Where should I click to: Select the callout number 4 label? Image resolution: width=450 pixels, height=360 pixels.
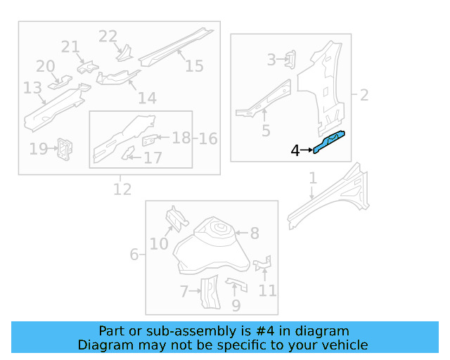pyautogui.click(x=295, y=150)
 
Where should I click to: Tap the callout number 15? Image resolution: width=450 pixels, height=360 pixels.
pyautogui.click(x=194, y=65)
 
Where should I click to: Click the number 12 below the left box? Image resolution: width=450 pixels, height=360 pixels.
pyautogui.click(x=122, y=189)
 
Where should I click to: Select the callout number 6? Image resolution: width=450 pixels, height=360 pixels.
pyautogui.click(x=134, y=254)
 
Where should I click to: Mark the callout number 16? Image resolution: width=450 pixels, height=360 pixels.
pyautogui.click(x=208, y=139)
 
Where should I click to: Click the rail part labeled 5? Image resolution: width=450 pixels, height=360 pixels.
pyautogui.click(x=264, y=98)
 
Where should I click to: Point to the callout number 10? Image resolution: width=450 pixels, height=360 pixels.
pyautogui.click(x=159, y=243)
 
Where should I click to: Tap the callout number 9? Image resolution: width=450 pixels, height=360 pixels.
pyautogui.click(x=236, y=306)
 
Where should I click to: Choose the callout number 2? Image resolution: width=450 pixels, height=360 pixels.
pyautogui.click(x=364, y=95)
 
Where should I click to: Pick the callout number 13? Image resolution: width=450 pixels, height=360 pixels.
pyautogui.click(x=32, y=89)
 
